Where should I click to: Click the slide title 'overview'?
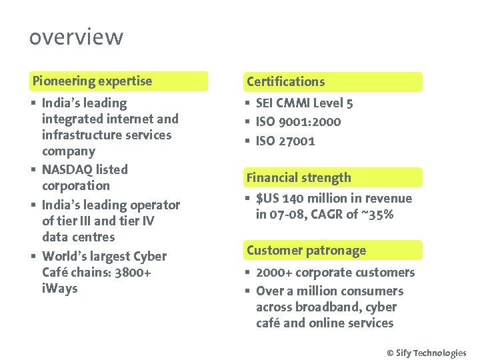(76, 37)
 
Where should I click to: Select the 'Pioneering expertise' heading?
(93, 81)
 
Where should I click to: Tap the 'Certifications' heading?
(285, 81)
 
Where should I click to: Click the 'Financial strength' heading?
(298, 177)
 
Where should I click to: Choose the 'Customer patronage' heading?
(306, 251)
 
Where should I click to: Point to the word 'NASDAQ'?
(66, 169)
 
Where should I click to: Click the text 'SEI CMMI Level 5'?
(304, 103)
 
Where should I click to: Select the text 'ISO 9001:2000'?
(298, 121)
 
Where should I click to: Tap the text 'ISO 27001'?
(285, 141)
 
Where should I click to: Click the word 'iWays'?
(59, 288)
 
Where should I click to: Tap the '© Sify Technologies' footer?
(427, 353)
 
